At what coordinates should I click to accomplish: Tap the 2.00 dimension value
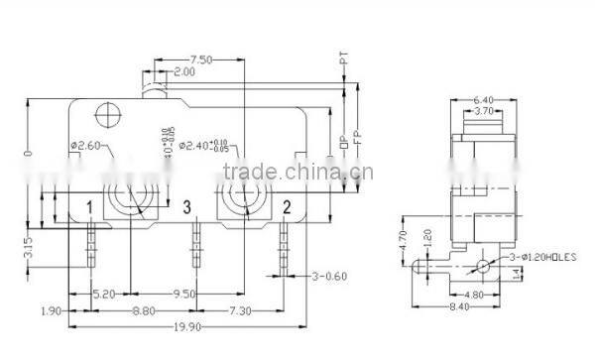[183, 72]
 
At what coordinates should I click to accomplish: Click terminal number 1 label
[89, 206]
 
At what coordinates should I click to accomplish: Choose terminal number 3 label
[185, 206]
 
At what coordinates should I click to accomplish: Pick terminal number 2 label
[286, 206]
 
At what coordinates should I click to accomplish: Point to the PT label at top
[343, 62]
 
